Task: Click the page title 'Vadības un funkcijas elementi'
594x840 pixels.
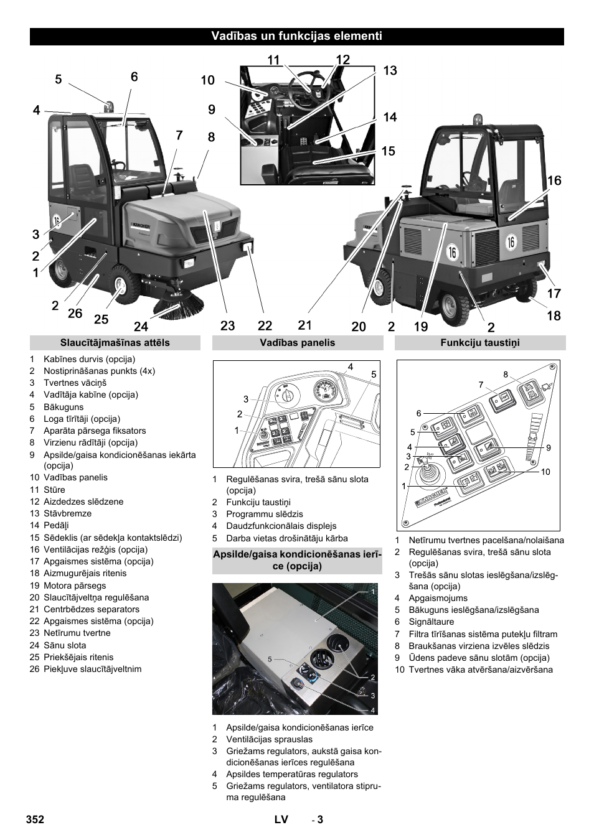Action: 296,36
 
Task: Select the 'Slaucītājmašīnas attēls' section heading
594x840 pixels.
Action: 115,343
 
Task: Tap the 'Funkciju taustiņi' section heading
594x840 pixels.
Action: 479,343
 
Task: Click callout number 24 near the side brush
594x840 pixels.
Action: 141,326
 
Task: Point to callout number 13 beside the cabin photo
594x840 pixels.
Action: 390,70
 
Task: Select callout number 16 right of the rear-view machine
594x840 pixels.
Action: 554,180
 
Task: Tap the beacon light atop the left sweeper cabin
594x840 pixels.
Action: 110,106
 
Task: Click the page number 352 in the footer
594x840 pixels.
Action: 35,819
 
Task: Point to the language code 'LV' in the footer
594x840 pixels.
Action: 281,819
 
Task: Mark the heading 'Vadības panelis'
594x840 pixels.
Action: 298,343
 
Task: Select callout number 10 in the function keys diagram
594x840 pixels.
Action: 545,472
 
